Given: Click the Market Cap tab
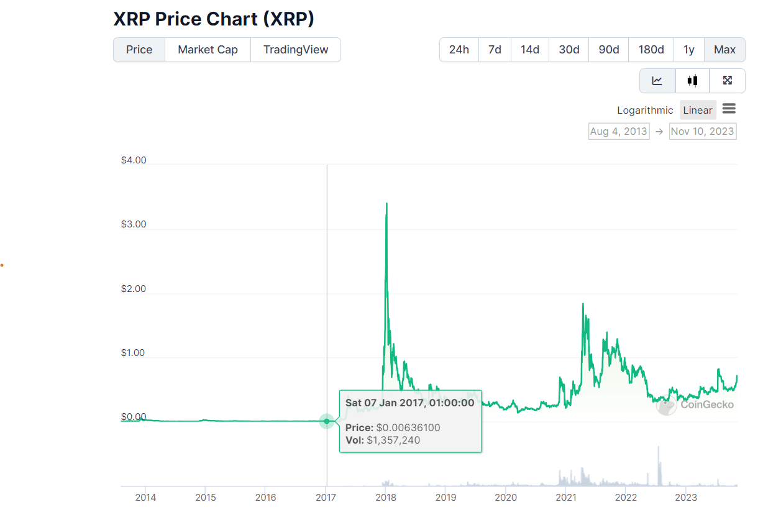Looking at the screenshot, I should pos(208,50).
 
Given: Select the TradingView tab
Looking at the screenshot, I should pos(296,50).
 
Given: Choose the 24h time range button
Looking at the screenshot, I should pos(459,50).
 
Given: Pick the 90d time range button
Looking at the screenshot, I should pos(608,50).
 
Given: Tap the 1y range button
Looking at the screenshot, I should pos(688,50).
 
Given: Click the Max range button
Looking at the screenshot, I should pos(724,50).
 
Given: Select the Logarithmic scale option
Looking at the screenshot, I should pos(645,110).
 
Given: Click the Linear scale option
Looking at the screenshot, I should pos(697,110).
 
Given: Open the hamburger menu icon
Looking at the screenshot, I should pos(729,109).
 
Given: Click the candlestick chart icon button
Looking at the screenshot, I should pos(692,80).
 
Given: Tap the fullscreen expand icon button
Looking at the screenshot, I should pos(728,80).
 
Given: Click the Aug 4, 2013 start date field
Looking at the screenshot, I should pos(618,131).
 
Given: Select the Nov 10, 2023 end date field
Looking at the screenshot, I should pos(702,131).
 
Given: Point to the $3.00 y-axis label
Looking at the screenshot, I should pos(134,224).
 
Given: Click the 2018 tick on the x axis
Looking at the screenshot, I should pos(386,497).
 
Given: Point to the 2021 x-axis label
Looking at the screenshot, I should pos(566,497).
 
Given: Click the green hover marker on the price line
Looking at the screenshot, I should pos(327,421).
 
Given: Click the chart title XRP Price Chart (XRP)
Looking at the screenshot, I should pos(214,19).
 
